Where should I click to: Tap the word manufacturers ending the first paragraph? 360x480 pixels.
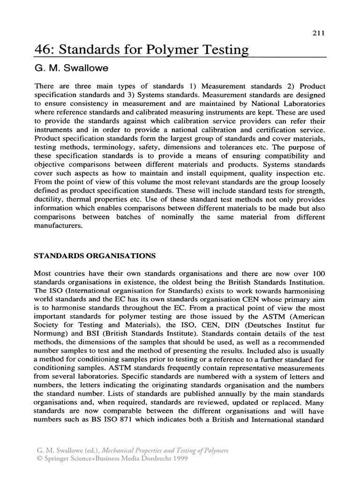(59, 225)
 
